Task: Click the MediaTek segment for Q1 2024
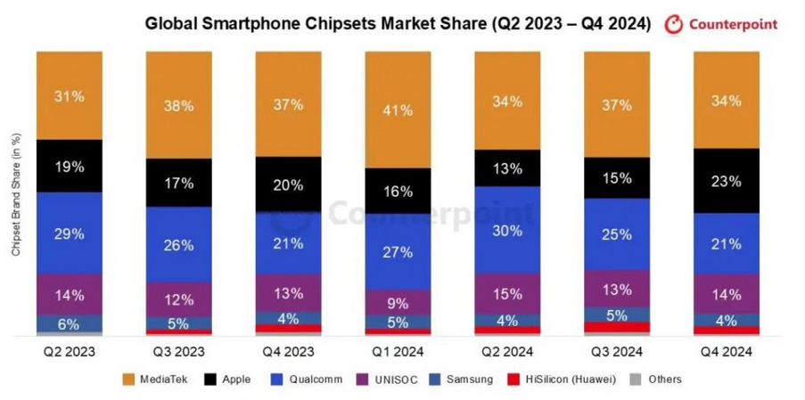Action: (x=398, y=110)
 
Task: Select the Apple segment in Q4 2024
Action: (x=726, y=181)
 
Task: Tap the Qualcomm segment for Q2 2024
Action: (x=506, y=229)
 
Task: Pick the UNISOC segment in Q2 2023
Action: (x=70, y=295)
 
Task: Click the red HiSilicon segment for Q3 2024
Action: (x=616, y=327)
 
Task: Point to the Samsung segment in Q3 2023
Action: (x=178, y=323)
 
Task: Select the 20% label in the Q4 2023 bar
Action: (x=288, y=185)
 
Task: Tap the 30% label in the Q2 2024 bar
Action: (x=506, y=229)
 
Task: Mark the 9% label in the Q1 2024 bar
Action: (x=398, y=302)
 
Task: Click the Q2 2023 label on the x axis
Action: (x=69, y=351)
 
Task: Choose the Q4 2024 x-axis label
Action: (x=726, y=351)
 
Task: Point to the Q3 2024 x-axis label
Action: (x=616, y=351)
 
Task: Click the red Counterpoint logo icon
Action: (x=673, y=24)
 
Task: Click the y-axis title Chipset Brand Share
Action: (x=15, y=195)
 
